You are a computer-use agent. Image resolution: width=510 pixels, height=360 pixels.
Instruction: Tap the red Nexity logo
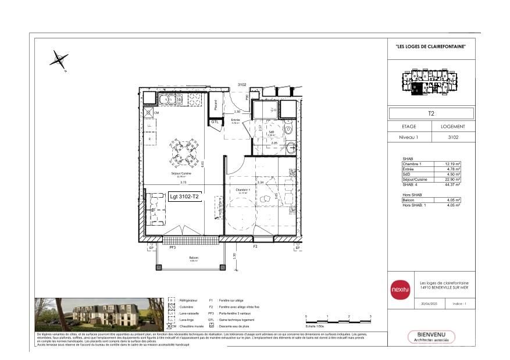(400, 289)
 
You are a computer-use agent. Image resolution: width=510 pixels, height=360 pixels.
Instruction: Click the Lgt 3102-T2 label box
(184, 197)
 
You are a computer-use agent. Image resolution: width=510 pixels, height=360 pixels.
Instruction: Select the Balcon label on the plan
(193, 257)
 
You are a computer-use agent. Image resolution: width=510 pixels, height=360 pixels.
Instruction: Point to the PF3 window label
(173, 247)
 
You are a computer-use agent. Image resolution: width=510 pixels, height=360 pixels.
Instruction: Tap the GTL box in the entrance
(215, 122)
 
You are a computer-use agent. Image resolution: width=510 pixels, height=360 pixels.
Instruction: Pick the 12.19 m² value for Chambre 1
(453, 164)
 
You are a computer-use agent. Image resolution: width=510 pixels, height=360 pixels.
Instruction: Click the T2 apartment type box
(431, 113)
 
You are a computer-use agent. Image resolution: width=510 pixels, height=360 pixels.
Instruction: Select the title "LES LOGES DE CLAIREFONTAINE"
(431, 47)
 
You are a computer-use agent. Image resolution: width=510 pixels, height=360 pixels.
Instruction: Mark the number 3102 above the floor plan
(242, 84)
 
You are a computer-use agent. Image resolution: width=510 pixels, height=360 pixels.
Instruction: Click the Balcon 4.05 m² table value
(453, 201)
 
